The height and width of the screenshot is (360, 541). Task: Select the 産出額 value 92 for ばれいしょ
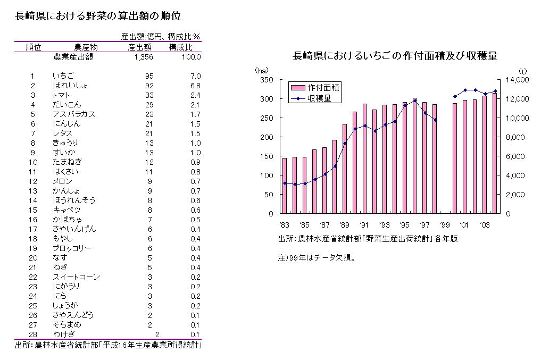(x=149, y=86)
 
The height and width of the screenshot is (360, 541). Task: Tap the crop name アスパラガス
(x=74, y=114)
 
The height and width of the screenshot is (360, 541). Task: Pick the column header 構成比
(x=180, y=47)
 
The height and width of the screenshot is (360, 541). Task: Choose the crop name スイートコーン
(x=76, y=277)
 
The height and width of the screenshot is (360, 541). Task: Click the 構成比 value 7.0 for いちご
(x=195, y=76)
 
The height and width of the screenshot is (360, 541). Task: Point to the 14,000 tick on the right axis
(x=515, y=80)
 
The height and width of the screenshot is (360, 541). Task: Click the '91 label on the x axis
(x=364, y=224)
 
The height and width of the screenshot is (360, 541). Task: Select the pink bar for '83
(x=285, y=186)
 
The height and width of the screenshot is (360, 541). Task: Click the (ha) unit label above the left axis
(x=262, y=71)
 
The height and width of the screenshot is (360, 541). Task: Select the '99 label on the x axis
(x=444, y=224)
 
